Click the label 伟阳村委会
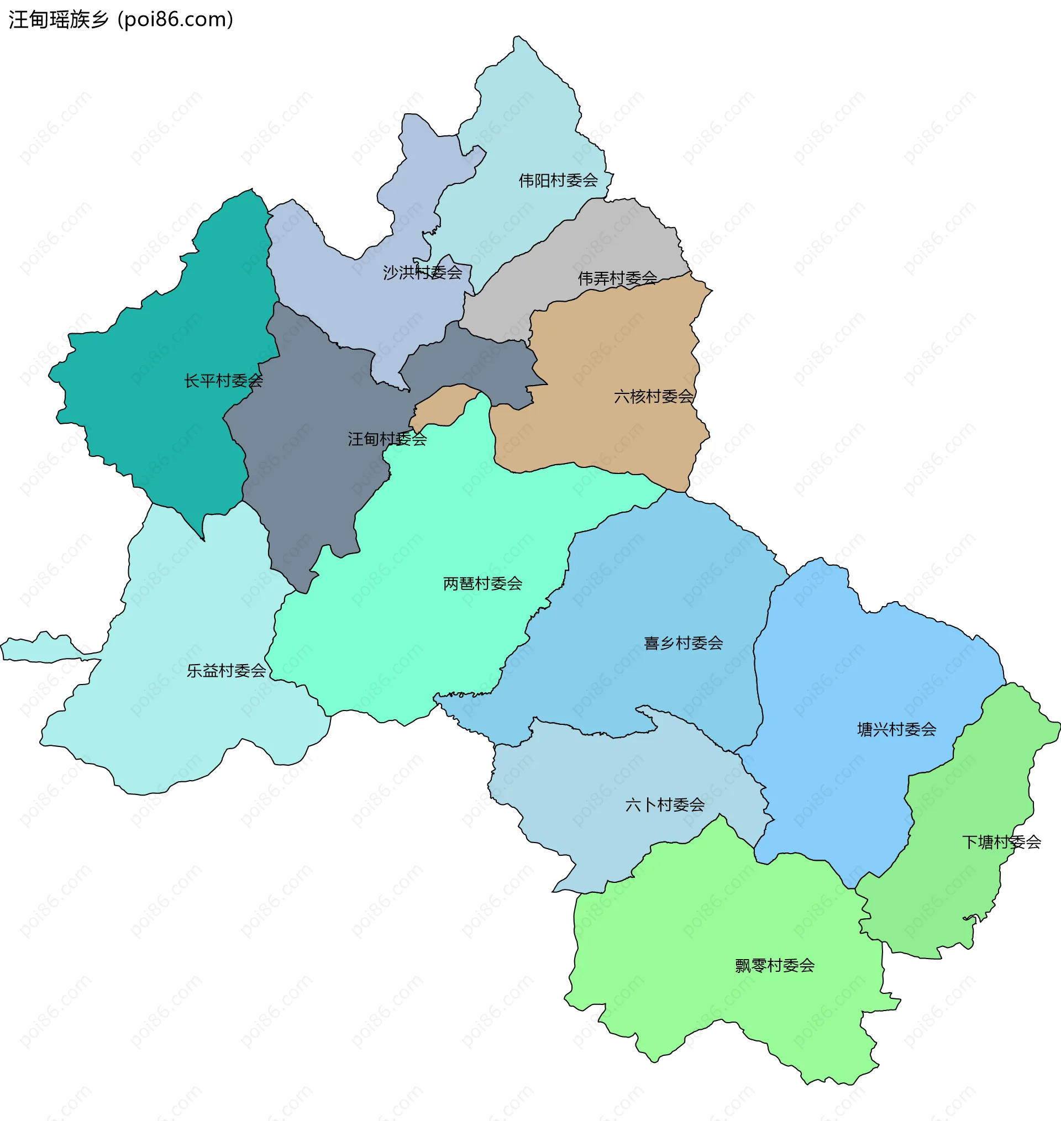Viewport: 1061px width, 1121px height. point(558,180)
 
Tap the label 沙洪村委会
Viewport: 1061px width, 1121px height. point(423,272)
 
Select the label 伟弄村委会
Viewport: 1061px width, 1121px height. point(617,278)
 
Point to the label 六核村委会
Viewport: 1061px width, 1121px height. point(653,396)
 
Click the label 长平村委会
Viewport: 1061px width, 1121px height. point(223,381)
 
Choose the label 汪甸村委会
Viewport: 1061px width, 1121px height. point(387,439)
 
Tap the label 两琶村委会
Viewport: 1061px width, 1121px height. point(482,583)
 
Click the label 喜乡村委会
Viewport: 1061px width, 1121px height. point(683,643)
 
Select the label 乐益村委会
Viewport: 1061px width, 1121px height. point(226,671)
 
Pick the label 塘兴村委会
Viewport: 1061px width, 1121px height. point(896,729)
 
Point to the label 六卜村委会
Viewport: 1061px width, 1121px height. point(665,804)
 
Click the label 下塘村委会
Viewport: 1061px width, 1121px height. point(1001,843)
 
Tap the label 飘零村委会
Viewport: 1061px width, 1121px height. point(775,966)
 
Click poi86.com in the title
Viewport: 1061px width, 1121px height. point(175,20)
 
